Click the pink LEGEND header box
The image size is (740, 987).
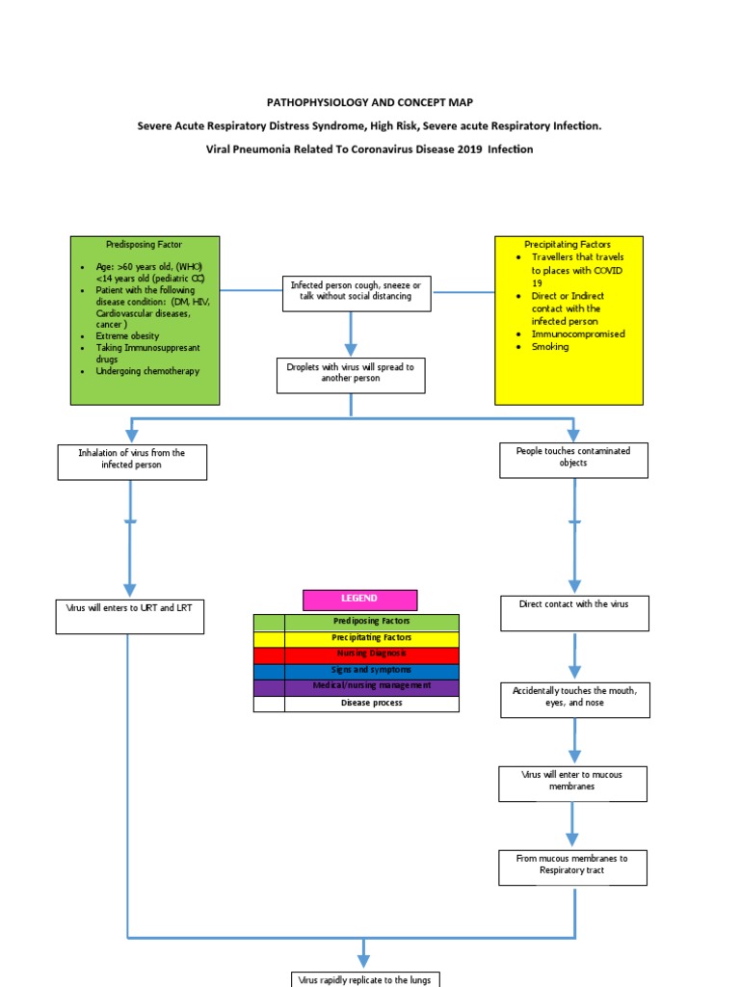coord(359,599)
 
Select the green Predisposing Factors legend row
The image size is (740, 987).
coord(357,622)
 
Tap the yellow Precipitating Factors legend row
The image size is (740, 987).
coord(357,638)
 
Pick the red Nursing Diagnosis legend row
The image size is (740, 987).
coord(357,654)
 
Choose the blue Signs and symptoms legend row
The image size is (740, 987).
coord(357,671)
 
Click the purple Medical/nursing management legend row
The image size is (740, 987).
coord(357,687)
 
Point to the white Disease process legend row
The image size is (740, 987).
coord(357,704)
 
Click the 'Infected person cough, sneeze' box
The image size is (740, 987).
coord(357,292)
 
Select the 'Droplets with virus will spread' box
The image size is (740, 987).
coord(351,375)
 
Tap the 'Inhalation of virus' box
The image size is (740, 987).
coord(132,461)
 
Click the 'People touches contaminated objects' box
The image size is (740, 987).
coord(573,460)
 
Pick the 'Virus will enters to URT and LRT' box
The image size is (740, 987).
coord(130,616)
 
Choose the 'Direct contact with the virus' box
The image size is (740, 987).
coord(574,613)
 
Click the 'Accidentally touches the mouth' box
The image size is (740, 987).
coord(574,700)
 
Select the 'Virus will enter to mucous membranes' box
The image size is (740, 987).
coord(572,783)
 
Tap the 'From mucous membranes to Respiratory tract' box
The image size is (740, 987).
coord(572,867)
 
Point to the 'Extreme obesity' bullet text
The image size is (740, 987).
coord(127,335)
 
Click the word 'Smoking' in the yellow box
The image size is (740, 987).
coord(550,347)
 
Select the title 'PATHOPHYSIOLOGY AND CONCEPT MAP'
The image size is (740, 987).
coord(370,102)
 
